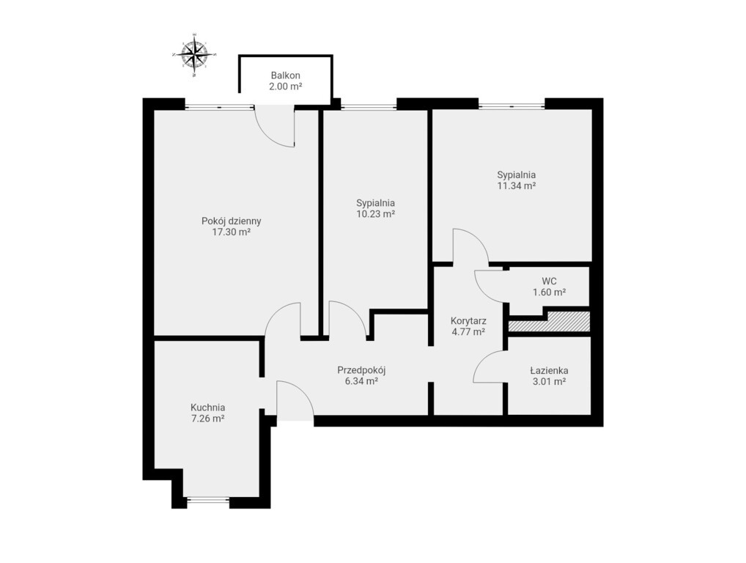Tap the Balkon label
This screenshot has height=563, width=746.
click(286, 76)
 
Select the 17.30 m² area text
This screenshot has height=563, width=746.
click(232, 232)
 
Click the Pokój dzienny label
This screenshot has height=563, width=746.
click(232, 221)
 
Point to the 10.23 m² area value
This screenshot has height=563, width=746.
click(376, 214)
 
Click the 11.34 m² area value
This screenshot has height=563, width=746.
click(517, 186)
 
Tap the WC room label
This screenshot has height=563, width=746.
click(549, 281)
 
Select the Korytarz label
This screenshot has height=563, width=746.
click(468, 321)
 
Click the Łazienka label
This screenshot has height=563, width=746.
click(549, 370)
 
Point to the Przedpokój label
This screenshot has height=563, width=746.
click(361, 369)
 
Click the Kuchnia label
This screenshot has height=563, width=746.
click(207, 408)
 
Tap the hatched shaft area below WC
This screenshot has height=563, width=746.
click(550, 323)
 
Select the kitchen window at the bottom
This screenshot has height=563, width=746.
click(208, 499)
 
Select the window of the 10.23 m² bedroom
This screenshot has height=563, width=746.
click(369, 106)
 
